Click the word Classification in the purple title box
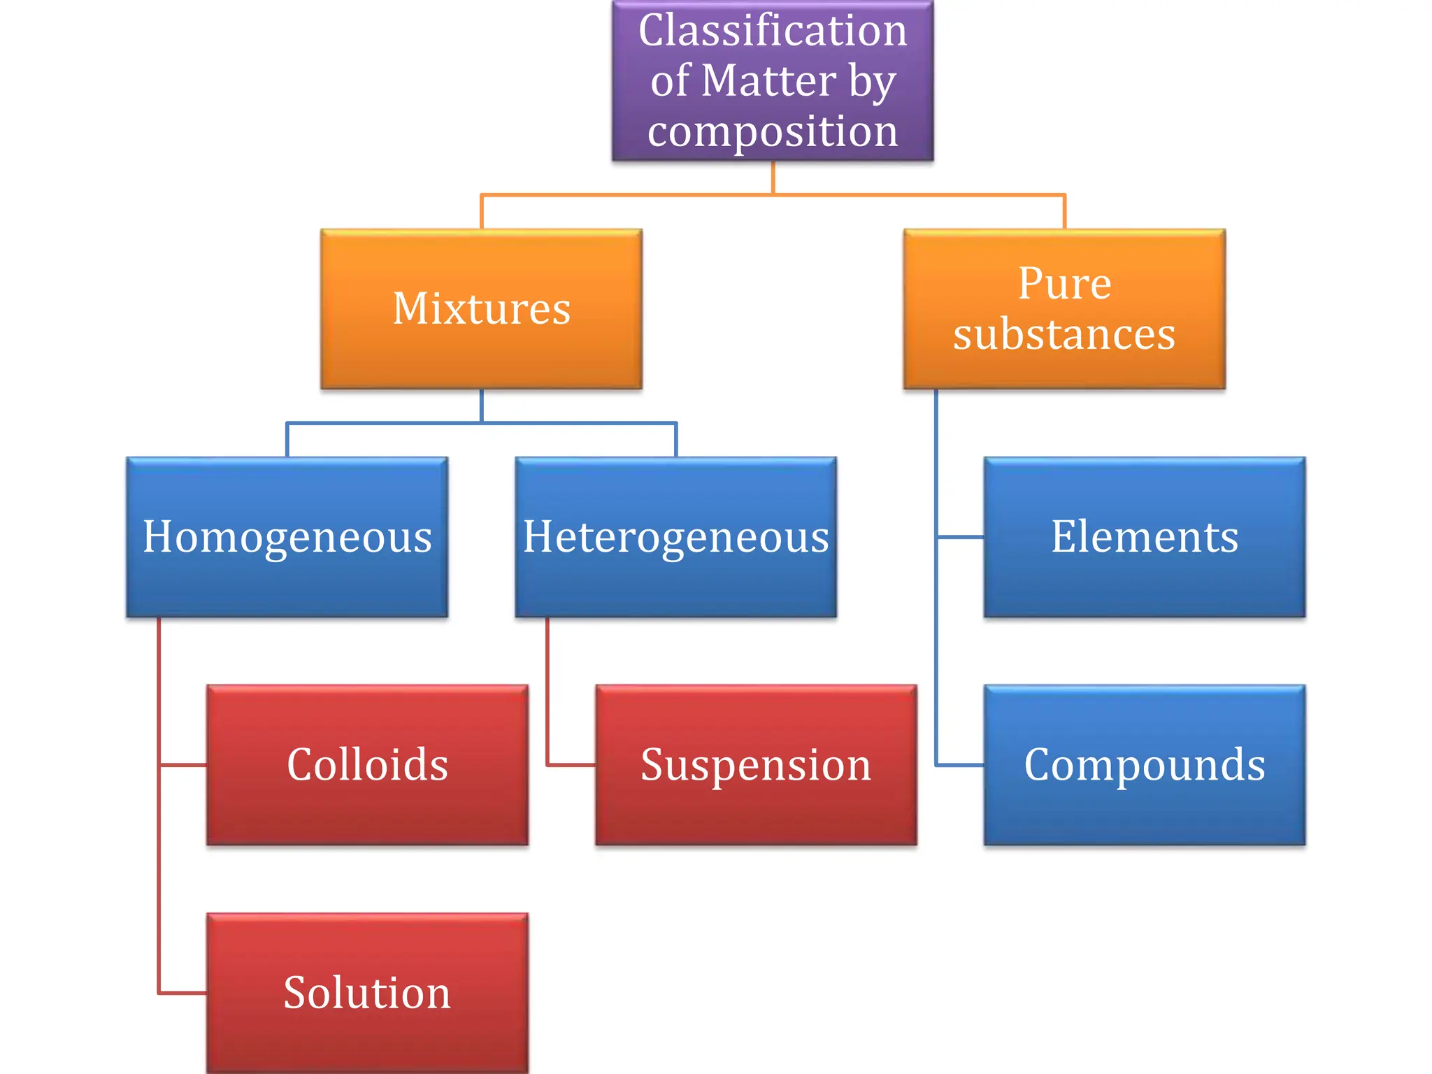tap(772, 31)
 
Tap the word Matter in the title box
tap(768, 80)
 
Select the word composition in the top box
tap(772, 131)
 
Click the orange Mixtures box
tap(481, 308)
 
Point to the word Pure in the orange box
tap(1064, 284)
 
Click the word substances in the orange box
tap(1064, 334)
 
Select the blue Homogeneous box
tap(287, 537)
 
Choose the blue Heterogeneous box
tap(675, 537)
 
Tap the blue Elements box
tap(1144, 537)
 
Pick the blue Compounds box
tap(1144, 765)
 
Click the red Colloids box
tap(367, 765)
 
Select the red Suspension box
tap(756, 765)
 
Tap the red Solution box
tap(367, 993)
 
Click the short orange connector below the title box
tap(773, 178)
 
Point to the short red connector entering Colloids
tap(183, 765)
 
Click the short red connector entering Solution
tap(183, 992)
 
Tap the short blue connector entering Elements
tap(960, 537)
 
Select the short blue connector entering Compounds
tap(960, 765)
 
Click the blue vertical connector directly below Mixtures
tap(481, 406)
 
